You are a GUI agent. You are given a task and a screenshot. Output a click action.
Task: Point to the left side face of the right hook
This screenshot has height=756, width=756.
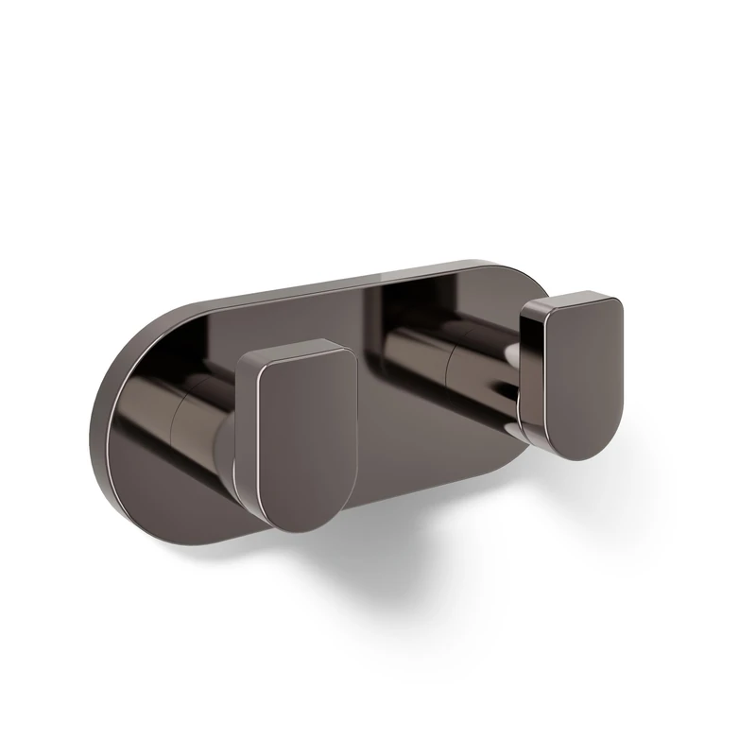(531, 378)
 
